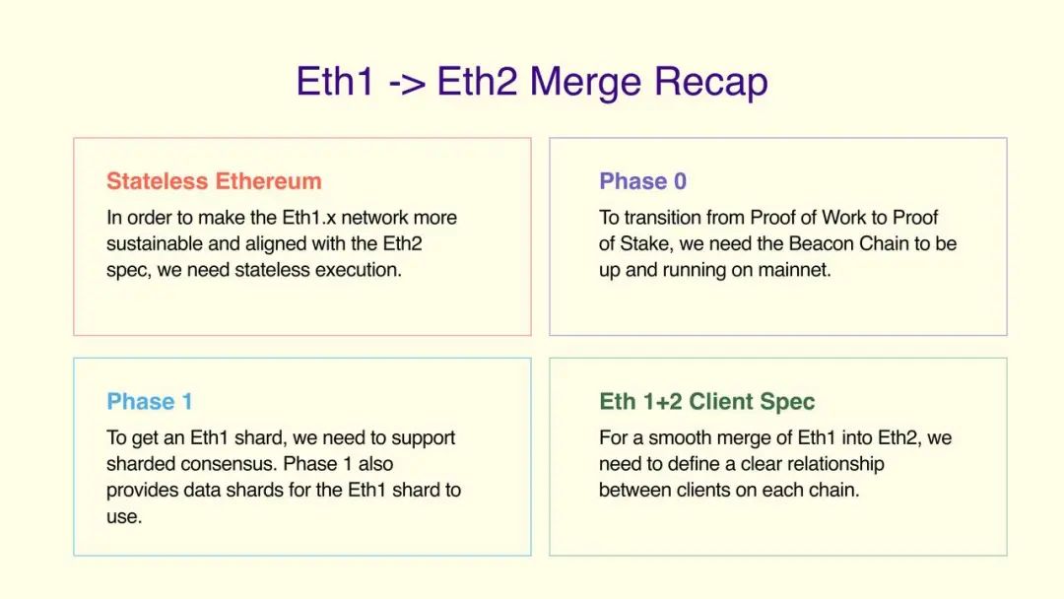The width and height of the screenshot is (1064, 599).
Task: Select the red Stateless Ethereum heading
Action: click(214, 181)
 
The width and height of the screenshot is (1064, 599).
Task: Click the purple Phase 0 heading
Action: click(642, 181)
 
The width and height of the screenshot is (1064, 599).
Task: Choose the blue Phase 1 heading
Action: click(150, 402)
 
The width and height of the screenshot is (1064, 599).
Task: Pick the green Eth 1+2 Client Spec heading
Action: click(706, 402)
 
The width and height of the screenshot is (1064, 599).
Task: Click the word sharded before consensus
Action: click(139, 464)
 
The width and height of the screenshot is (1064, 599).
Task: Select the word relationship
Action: click(830, 464)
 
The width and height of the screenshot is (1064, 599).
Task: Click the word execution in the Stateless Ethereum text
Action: click(359, 269)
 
